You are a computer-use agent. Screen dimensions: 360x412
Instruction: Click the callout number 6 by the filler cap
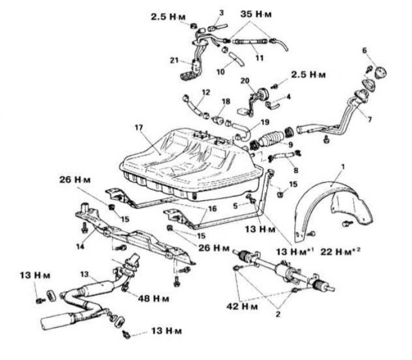(x=364, y=51)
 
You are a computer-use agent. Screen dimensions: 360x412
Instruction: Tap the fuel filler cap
(x=380, y=72)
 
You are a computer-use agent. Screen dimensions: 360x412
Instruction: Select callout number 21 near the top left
(x=174, y=60)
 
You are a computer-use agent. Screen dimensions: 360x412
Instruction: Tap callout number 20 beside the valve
(x=245, y=81)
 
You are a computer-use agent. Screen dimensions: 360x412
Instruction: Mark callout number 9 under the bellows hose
(x=290, y=145)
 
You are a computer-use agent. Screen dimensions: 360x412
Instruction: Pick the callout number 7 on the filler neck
(x=369, y=119)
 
